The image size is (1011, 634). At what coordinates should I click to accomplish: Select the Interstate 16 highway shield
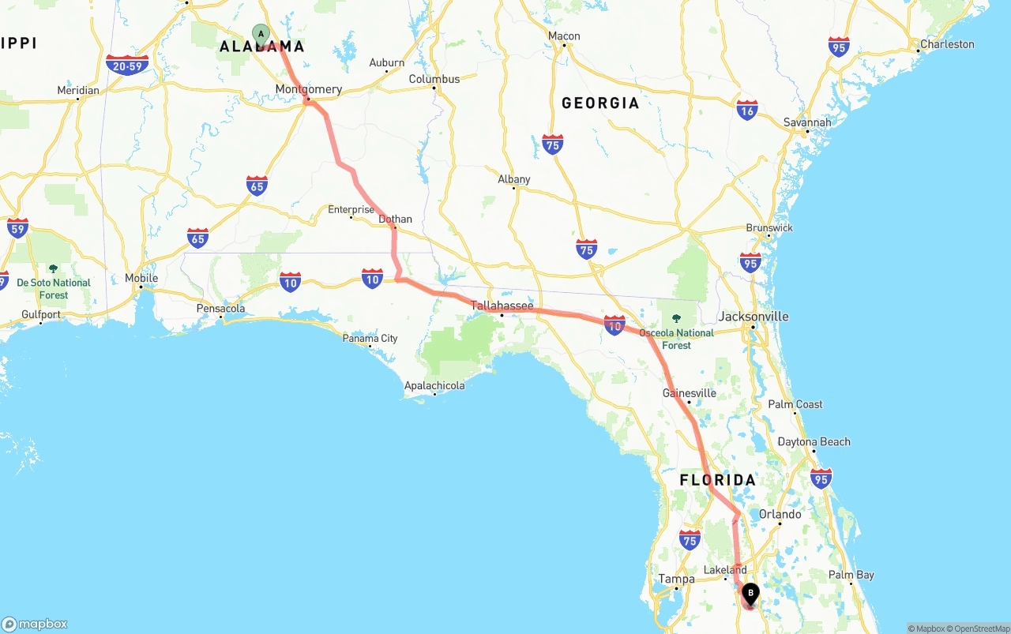(x=746, y=110)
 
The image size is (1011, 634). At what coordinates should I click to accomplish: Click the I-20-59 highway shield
(x=127, y=65)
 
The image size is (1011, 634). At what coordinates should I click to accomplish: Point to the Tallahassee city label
(x=502, y=306)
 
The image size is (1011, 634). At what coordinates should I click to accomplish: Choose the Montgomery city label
(x=309, y=89)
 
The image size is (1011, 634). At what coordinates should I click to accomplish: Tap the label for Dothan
(x=395, y=219)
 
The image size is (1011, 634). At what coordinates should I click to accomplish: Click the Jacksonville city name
(x=754, y=317)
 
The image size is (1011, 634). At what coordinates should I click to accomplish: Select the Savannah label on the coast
(x=807, y=122)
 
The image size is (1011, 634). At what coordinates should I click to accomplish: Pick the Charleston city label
(x=947, y=44)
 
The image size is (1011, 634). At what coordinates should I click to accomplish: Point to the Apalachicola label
(x=434, y=385)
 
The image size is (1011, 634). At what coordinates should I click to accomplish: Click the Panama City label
(x=370, y=338)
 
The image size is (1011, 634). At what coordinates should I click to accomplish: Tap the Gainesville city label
(x=690, y=392)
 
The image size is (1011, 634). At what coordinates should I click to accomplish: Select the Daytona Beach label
(x=814, y=441)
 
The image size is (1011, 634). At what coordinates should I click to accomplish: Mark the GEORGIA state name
(x=600, y=103)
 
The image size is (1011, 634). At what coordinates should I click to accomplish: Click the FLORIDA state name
(x=718, y=480)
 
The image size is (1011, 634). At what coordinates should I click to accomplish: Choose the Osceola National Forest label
(x=676, y=339)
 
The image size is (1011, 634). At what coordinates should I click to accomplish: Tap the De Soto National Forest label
(x=54, y=288)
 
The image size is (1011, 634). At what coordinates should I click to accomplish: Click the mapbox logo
(x=35, y=624)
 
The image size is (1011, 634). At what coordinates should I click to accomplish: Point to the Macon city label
(x=564, y=36)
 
